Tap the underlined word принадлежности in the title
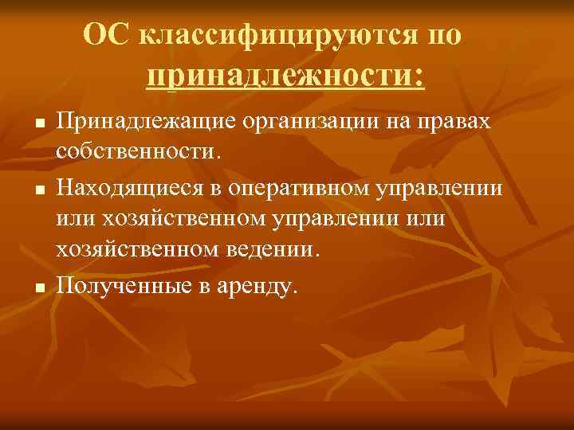pos(285,78)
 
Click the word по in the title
pos(444,36)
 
